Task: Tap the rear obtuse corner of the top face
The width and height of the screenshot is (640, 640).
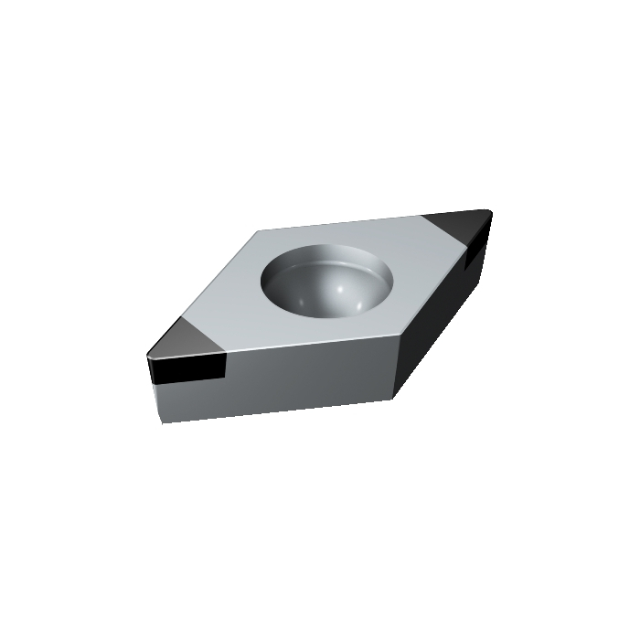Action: coord(261,231)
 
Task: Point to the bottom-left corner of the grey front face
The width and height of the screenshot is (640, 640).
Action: coord(162,422)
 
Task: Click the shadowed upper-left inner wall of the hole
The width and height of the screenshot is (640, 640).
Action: coord(288,265)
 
